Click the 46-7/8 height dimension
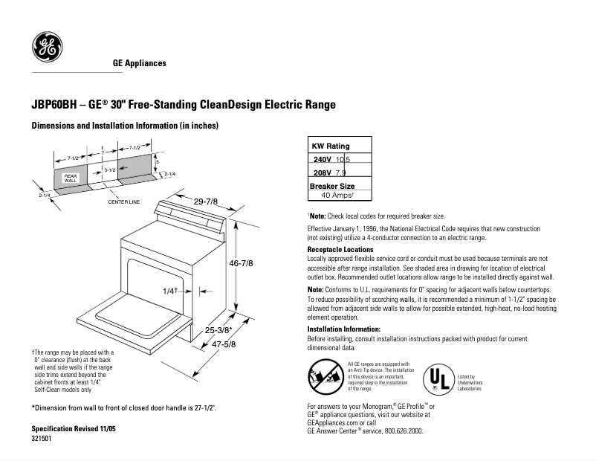(242, 263)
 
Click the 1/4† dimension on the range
(169, 291)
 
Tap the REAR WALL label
(71, 178)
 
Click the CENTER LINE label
(123, 202)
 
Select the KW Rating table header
(330, 146)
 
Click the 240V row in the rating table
(331, 160)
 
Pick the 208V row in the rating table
(330, 173)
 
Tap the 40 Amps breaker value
(337, 195)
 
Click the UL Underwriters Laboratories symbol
(438, 379)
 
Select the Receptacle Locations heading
(340, 249)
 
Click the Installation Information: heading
(344, 329)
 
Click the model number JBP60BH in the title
(54, 105)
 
